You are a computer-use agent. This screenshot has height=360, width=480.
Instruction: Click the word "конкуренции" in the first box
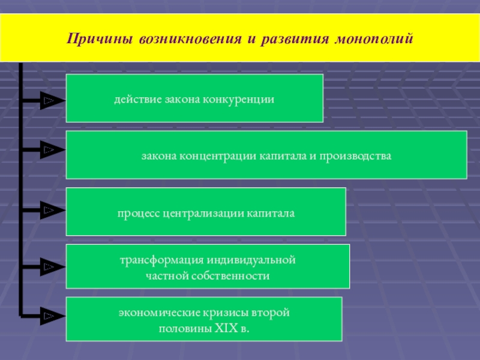click(238, 98)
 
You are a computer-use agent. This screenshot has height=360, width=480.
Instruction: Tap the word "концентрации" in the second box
click(218, 156)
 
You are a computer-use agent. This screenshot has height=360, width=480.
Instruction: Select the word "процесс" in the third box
click(137, 212)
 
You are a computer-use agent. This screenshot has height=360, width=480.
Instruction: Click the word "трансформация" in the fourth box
click(161, 261)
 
